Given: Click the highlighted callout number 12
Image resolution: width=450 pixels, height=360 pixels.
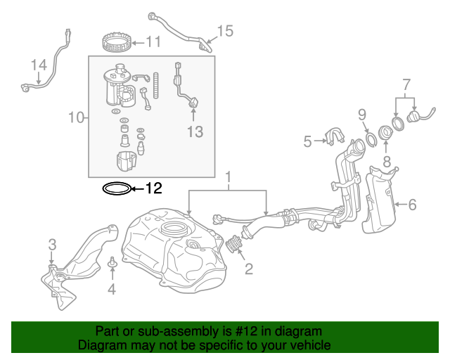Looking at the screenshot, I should click(x=153, y=188).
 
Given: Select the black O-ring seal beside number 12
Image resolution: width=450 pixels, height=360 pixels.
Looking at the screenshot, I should click(x=116, y=188).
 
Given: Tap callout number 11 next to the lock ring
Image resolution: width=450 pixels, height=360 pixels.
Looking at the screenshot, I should click(x=153, y=42).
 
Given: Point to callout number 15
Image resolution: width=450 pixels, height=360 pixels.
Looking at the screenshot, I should click(x=224, y=31).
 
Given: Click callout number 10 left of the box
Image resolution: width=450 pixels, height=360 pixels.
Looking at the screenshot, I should click(x=77, y=117).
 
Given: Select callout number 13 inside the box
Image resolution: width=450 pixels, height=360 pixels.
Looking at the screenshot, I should click(x=194, y=131).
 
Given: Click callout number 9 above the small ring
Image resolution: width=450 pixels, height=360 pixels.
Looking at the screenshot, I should click(x=362, y=114).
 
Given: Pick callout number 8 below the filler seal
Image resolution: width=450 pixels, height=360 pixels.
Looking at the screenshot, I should click(x=386, y=162).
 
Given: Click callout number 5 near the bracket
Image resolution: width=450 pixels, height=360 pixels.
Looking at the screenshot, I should click(x=307, y=142).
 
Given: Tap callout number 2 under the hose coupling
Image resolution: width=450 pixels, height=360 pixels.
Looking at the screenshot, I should click(x=247, y=268).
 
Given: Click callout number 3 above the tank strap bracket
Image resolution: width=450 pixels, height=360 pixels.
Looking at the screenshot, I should click(x=52, y=245).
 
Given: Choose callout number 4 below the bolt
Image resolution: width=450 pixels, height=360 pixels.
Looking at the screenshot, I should click(x=111, y=289).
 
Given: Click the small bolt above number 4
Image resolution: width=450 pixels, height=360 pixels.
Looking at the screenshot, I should click(x=111, y=265).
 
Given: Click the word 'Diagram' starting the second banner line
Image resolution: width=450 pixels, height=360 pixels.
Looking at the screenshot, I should click(x=98, y=345).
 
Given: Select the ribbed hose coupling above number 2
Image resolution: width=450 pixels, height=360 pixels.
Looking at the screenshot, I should click(x=234, y=246).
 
